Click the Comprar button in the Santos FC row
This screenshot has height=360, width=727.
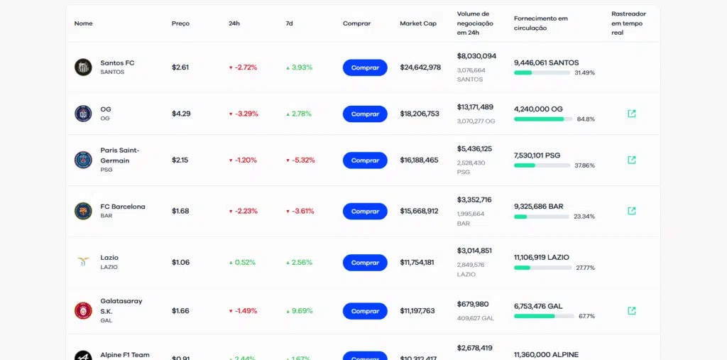point(365,67)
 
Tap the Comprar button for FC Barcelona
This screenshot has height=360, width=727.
point(365,211)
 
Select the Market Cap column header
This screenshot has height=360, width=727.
point(418,23)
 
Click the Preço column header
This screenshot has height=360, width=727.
point(180,23)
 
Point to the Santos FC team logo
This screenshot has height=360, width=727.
point(83,67)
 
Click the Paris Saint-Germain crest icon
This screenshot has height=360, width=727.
point(83,160)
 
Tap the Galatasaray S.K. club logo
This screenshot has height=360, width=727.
point(83,310)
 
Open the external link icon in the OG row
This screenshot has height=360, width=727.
point(632,114)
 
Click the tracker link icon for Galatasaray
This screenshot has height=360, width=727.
point(632,310)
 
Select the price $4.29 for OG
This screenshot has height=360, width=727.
point(181,114)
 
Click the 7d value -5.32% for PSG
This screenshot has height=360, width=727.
point(300,160)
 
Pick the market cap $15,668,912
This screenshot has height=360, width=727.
point(419,211)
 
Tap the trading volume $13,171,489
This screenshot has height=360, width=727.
point(475,107)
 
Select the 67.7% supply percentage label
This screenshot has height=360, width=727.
point(586,316)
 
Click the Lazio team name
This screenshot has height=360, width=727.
point(109,258)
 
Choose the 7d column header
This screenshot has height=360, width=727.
point(289,23)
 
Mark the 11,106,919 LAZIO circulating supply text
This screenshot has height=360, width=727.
point(542,257)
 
